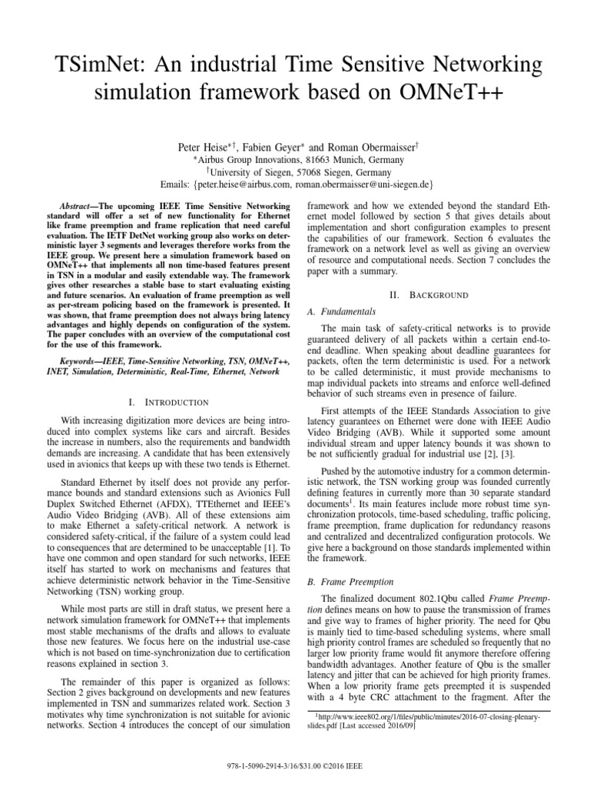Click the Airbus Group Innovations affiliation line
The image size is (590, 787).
pyautogui.click(x=295, y=159)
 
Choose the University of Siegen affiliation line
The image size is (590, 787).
pyautogui.click(x=295, y=172)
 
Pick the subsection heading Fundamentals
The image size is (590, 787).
pyautogui.click(x=341, y=311)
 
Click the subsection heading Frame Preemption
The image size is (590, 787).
pyautogui.click(x=350, y=582)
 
